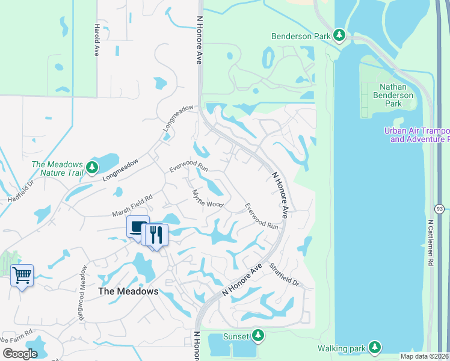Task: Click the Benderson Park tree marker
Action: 339,36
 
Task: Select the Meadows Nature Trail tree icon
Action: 91,167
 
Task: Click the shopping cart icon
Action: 22,276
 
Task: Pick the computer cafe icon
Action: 138,227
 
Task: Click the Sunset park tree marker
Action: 257,335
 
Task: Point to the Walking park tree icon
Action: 375,347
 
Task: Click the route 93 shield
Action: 440,208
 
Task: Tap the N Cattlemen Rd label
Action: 431,242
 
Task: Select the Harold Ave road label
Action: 96,40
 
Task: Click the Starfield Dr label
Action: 284,275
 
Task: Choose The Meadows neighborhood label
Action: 128,291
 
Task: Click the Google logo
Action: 20,354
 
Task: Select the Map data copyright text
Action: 424,356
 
